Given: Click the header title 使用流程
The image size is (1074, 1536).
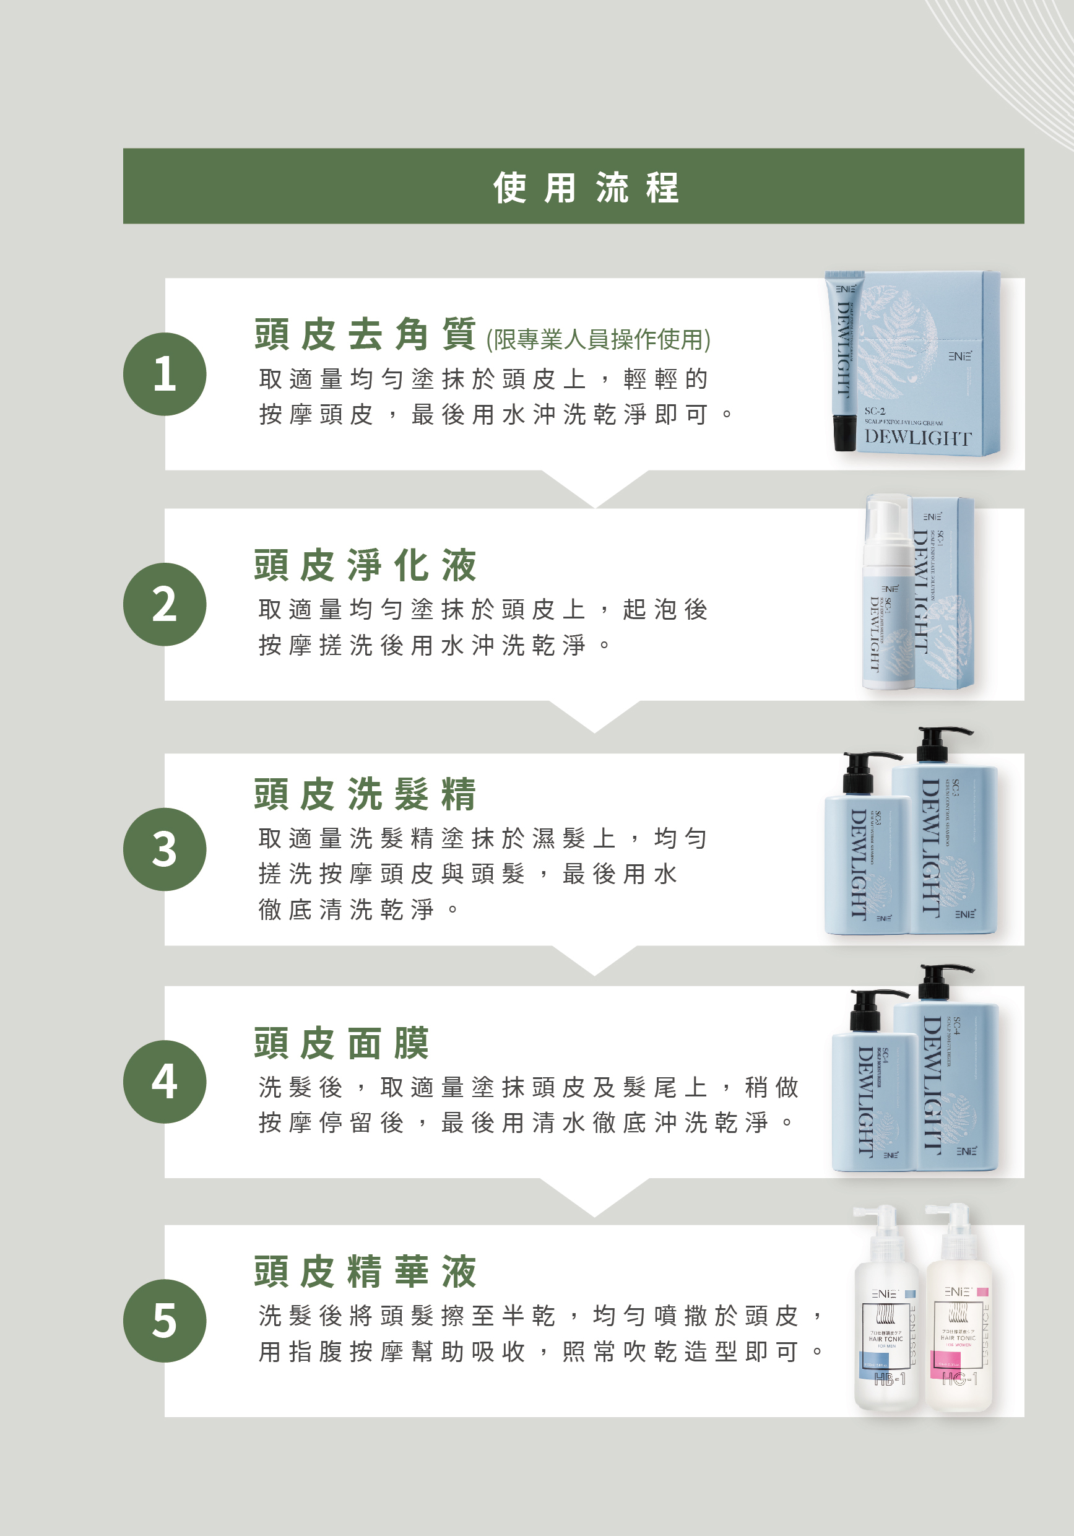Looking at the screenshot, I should (586, 188).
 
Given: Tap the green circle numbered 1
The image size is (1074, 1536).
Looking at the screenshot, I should (165, 374).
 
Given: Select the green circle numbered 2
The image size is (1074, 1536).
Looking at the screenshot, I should (165, 604).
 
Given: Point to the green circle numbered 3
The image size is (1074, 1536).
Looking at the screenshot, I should (165, 849).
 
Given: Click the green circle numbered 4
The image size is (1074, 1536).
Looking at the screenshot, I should (165, 1081).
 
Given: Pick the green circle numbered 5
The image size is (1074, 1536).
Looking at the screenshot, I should (165, 1321).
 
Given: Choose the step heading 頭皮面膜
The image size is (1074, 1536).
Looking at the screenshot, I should (342, 1043).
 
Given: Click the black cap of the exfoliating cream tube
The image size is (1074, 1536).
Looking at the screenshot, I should (844, 433).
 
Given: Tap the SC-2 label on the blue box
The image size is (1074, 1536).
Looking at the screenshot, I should (875, 410).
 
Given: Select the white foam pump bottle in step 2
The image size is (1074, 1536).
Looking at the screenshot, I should (888, 596).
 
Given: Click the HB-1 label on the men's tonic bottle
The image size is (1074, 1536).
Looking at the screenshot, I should (889, 1379).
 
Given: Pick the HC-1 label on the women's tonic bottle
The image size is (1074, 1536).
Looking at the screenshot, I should (959, 1379).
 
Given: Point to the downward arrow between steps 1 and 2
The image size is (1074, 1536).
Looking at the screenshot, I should (594, 488).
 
